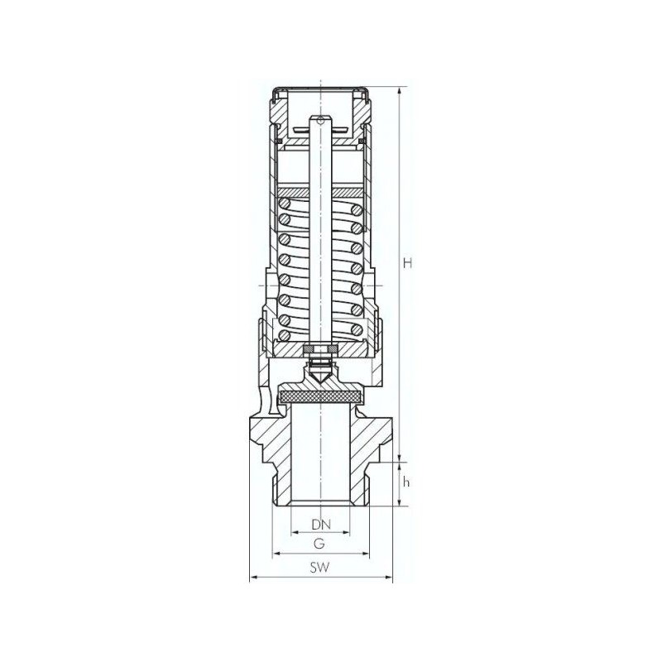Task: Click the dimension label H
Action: pos(406,263)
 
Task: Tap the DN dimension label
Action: pos(320,525)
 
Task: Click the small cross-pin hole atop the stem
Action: pos(320,122)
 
